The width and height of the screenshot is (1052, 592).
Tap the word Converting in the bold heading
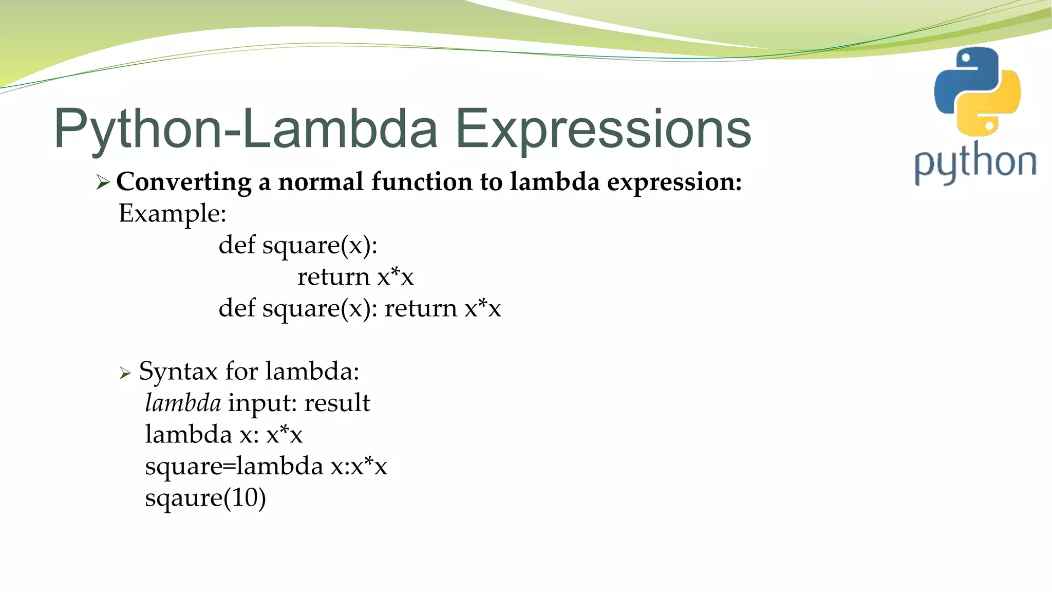(x=184, y=182)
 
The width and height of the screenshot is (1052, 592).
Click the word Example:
(x=173, y=213)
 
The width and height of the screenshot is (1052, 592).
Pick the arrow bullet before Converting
(x=103, y=182)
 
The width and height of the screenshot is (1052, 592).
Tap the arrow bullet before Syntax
(x=125, y=373)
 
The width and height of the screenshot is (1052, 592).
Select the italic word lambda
(x=183, y=403)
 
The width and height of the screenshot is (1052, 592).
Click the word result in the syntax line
(x=337, y=403)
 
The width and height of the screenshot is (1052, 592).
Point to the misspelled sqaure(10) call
(x=205, y=498)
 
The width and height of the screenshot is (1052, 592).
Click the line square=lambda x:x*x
(x=266, y=467)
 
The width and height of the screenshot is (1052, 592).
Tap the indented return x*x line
(x=355, y=277)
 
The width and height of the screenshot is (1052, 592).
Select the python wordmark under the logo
(x=975, y=163)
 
